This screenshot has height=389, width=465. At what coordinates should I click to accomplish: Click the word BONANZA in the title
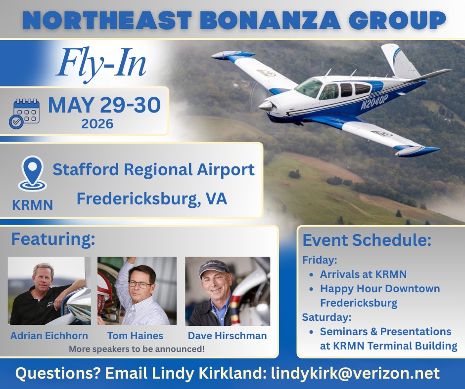[x=270, y=20]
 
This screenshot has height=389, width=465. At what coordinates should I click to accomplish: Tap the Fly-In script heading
[x=101, y=63]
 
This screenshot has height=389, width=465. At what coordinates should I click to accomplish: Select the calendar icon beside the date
[x=24, y=114]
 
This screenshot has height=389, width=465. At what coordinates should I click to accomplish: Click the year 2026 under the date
[x=97, y=124]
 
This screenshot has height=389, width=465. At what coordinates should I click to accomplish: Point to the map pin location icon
[x=33, y=173]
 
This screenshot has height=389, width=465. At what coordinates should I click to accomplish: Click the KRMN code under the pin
[x=33, y=205]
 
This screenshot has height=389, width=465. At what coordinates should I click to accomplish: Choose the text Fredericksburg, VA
[x=152, y=199]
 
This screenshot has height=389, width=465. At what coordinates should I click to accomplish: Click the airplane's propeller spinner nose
[x=266, y=105]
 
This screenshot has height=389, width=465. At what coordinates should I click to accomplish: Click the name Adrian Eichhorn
[x=49, y=336]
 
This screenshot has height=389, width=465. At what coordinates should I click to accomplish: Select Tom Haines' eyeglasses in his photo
[x=140, y=285]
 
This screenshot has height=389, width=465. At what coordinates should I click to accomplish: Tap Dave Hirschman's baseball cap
[x=214, y=268]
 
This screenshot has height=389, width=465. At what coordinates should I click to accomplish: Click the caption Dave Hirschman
[x=227, y=336]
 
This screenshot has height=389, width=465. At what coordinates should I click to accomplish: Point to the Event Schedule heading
[x=367, y=240]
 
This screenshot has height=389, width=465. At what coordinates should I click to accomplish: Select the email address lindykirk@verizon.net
[x=355, y=373]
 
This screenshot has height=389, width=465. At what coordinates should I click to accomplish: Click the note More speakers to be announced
[x=137, y=349]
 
